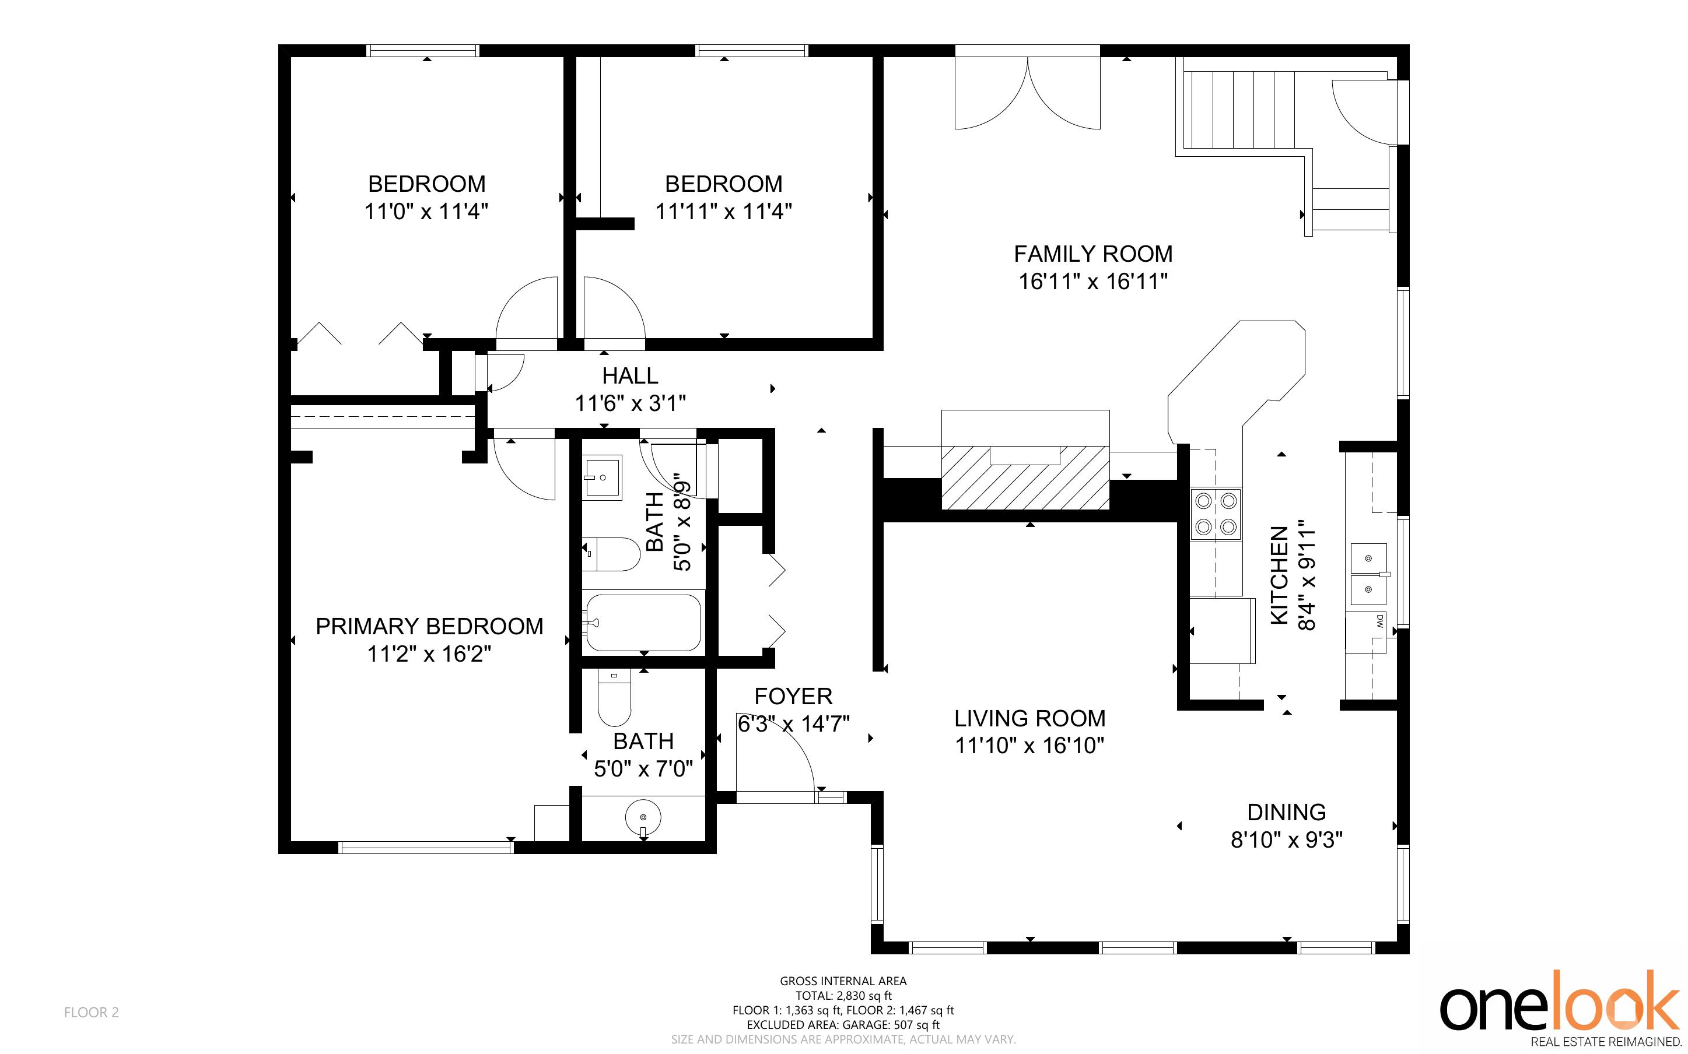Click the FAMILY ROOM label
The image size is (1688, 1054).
(1093, 254)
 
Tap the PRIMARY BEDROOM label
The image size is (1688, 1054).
(429, 627)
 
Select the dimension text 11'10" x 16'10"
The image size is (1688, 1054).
(1030, 746)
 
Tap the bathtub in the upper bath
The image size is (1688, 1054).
(642, 623)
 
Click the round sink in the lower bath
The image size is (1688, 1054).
(643, 816)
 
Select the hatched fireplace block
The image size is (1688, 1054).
(1025, 477)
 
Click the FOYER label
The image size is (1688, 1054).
(793, 697)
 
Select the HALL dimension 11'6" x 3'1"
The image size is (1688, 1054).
(631, 403)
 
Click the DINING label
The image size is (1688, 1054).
(1286, 812)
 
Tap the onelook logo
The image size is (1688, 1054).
(1560, 1009)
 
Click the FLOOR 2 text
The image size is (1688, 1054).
(92, 1012)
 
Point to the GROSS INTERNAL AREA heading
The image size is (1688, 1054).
(843, 981)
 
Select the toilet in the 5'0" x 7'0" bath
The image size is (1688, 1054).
(614, 698)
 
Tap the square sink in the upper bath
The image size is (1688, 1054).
(603, 478)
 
